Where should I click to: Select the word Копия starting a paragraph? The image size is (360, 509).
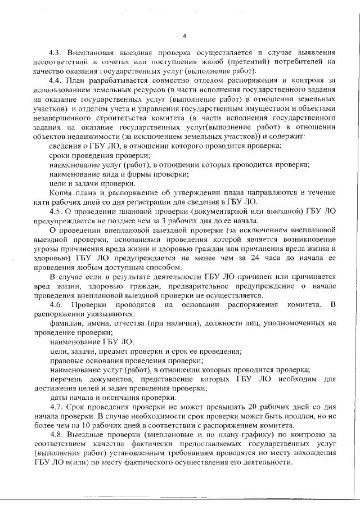pos(62,192)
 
